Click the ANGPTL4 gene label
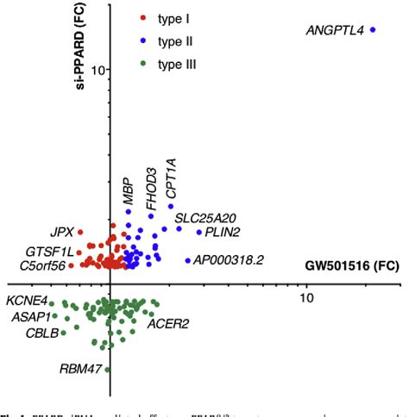335,32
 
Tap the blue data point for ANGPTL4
374,29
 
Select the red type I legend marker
143,17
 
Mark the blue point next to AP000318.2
188,260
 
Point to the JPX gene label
61,232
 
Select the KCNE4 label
26,302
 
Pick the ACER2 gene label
167,324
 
